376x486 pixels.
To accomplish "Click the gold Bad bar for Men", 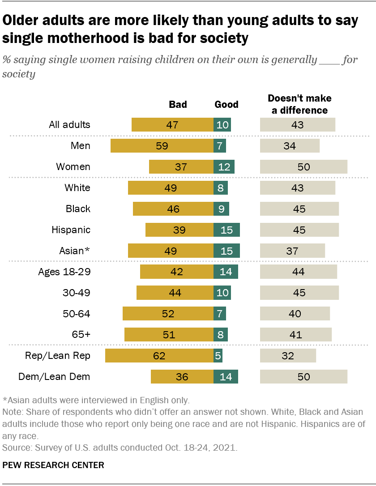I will click(x=162, y=146).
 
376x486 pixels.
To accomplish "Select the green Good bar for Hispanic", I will click(x=227, y=230).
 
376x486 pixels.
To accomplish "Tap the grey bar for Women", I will click(x=303, y=167).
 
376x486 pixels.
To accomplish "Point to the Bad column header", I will click(x=178, y=105).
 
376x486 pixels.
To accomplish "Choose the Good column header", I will click(x=226, y=105).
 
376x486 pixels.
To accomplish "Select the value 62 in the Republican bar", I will click(x=159, y=356).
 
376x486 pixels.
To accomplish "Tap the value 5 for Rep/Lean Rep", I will click(x=218, y=356).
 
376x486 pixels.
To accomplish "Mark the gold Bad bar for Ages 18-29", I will click(x=177, y=272).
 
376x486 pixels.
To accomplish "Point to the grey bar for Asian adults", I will click(x=292, y=251).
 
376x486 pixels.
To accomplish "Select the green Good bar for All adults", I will click(x=222, y=125).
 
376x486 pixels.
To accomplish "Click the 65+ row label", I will click(x=81, y=335).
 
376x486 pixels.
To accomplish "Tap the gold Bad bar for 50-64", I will click(x=168, y=314).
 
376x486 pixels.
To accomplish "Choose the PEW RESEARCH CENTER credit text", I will click(x=53, y=465).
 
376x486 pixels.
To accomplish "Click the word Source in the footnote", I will click(x=14, y=448).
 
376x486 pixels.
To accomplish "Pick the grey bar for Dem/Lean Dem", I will click(x=303, y=377).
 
